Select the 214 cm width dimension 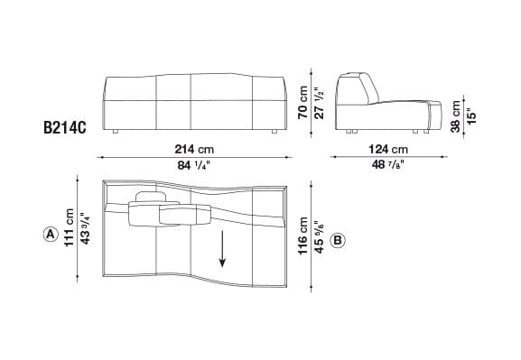tap(195, 149)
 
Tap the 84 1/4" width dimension tap(195, 164)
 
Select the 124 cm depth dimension tap(389, 149)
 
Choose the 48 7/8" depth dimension tap(389, 164)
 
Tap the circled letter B tap(337, 241)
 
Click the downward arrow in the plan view tap(222, 249)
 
